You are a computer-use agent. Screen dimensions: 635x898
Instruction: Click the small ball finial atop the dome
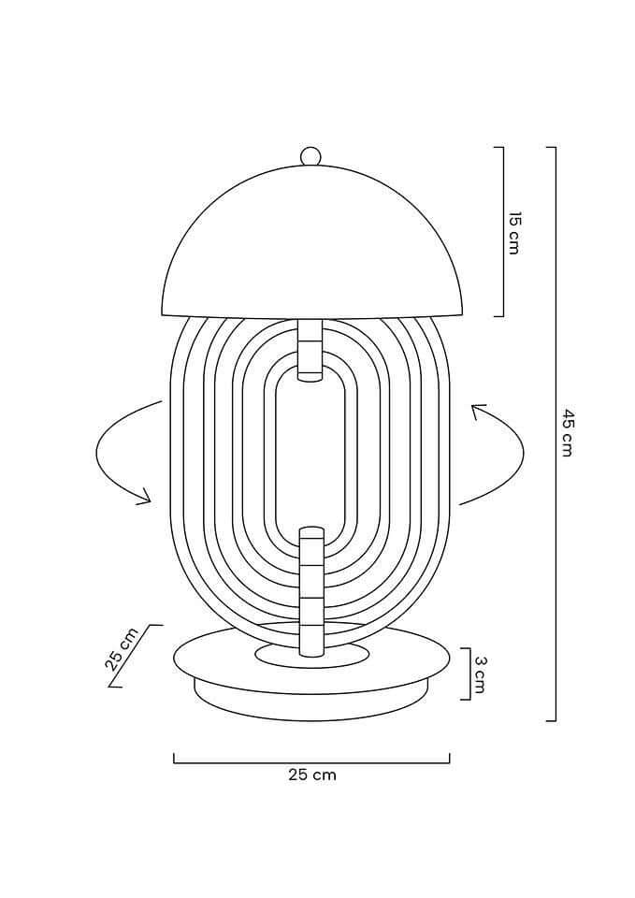click(310, 156)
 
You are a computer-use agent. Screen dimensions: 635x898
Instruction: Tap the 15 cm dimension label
click(514, 233)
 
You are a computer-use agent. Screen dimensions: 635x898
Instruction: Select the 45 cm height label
click(567, 432)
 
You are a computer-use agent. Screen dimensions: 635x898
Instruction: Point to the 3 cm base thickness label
click(480, 674)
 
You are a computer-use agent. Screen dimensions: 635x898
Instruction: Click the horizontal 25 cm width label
click(312, 775)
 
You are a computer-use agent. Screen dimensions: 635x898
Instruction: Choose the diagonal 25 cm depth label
click(122, 649)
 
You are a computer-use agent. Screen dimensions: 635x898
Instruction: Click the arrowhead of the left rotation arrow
click(144, 497)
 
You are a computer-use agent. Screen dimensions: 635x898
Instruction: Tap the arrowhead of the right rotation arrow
click(478, 412)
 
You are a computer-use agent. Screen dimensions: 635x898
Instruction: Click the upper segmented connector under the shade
click(310, 349)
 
